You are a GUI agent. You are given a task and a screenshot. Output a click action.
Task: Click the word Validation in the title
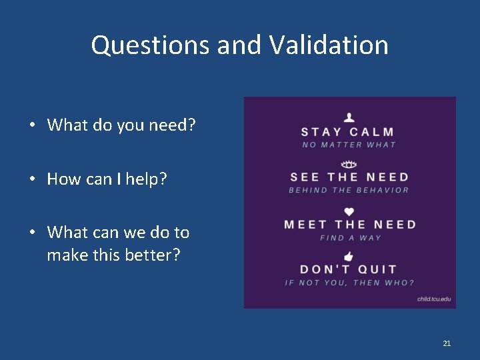[x=329, y=45]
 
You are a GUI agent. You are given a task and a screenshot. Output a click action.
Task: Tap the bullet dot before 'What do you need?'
[x=32, y=125]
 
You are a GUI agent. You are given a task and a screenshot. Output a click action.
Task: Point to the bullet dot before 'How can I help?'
[x=32, y=179]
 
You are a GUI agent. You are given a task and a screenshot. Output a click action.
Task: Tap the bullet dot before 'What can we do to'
[x=32, y=233]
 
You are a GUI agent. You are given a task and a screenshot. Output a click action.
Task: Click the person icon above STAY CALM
[x=349, y=117]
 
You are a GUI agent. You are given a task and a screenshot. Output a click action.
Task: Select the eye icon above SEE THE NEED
[x=349, y=165]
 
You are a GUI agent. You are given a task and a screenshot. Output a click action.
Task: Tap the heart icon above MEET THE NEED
[x=349, y=212]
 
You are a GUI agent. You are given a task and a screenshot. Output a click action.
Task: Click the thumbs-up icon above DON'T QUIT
[x=349, y=257]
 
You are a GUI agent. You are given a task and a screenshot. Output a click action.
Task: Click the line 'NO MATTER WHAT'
[x=349, y=145]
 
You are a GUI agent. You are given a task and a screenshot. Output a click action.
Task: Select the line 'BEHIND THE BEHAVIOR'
[x=349, y=190]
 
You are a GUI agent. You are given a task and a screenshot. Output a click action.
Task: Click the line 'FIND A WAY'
[x=350, y=238]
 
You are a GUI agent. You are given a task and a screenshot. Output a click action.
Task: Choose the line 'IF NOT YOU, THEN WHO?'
[x=349, y=283]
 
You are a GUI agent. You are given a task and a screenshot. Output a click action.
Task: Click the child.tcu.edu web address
[x=434, y=299]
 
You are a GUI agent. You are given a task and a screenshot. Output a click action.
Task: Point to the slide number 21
[x=447, y=343]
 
